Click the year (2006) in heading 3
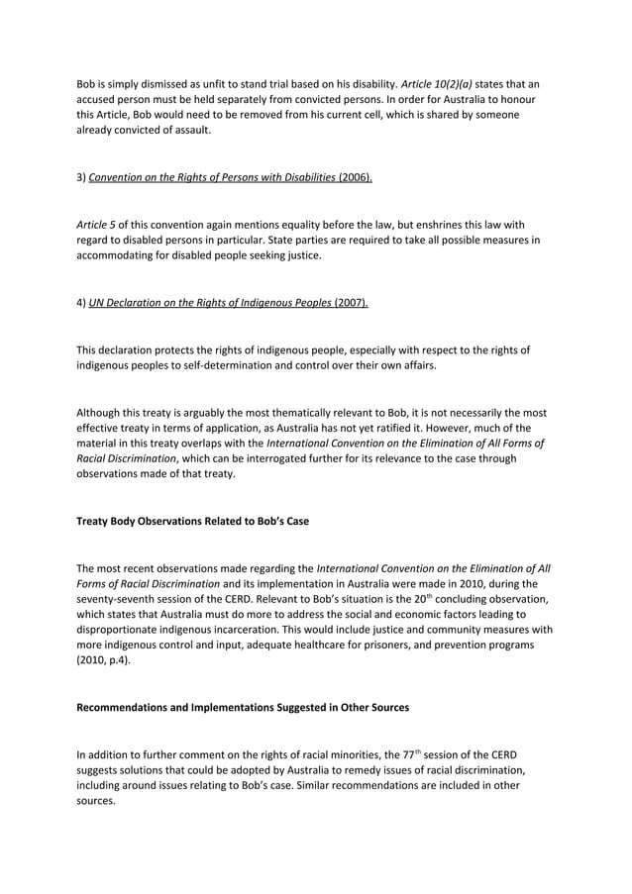[x=355, y=177]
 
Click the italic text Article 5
[x=95, y=225]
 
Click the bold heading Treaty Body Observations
[x=192, y=522]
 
